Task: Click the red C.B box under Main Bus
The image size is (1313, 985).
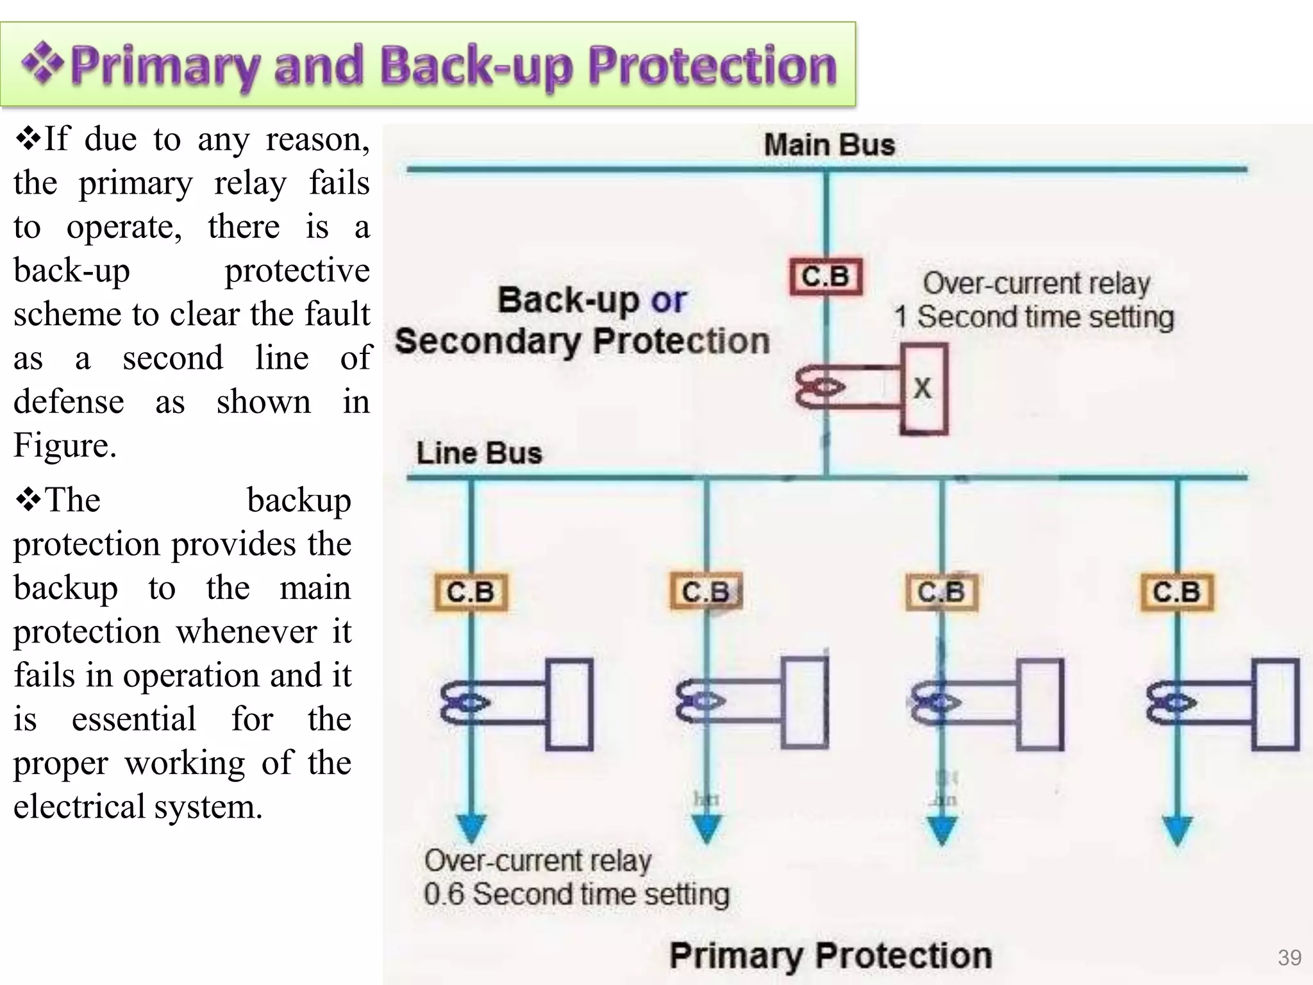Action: click(x=826, y=277)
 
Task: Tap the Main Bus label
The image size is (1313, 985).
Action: click(x=829, y=145)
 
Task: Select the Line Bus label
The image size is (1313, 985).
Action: click(x=479, y=453)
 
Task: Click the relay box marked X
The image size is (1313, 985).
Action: click(x=923, y=389)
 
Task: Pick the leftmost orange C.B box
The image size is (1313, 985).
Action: click(x=471, y=592)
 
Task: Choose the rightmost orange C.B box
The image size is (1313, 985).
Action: click(x=1177, y=592)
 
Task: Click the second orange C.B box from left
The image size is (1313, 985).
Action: click(x=706, y=592)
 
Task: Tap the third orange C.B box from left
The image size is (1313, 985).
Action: click(x=941, y=592)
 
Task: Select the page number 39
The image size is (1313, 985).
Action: click(x=1289, y=957)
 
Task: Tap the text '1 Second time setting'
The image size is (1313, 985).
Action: click(x=1033, y=317)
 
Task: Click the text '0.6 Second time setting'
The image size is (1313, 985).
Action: click(x=576, y=894)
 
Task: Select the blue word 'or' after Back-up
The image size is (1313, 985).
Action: click(x=668, y=300)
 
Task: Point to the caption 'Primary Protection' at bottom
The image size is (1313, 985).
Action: click(x=830, y=956)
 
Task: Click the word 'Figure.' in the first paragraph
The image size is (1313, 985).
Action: click(x=65, y=445)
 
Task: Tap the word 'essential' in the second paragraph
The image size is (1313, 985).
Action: click(x=133, y=719)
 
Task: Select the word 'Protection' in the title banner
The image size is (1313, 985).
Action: click(x=712, y=67)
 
